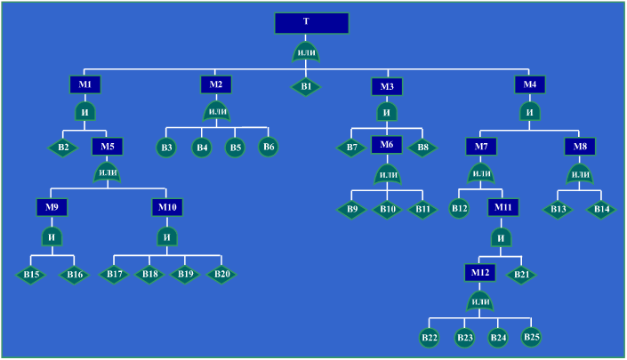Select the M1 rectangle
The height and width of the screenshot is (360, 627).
point(84,84)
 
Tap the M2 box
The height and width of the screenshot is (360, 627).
point(215,84)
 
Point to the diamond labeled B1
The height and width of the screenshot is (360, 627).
point(305,87)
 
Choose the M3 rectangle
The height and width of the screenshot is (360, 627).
point(387,86)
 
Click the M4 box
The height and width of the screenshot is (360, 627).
point(530,84)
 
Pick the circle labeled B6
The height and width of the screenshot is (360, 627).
point(269,146)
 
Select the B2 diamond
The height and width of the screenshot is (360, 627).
point(63,148)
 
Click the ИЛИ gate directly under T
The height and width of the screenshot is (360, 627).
point(306,52)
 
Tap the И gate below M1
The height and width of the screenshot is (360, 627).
point(85,113)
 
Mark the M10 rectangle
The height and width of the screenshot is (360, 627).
point(166,207)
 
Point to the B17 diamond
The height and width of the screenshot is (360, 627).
point(115,274)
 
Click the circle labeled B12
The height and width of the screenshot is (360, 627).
point(459,209)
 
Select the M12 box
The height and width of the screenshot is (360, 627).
point(479,272)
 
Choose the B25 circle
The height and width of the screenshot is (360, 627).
point(531,336)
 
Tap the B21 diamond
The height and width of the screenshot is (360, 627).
point(521,275)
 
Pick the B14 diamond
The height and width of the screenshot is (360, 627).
point(601,210)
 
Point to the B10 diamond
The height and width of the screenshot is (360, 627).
point(387,210)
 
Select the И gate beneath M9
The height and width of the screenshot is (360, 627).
point(52,236)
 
